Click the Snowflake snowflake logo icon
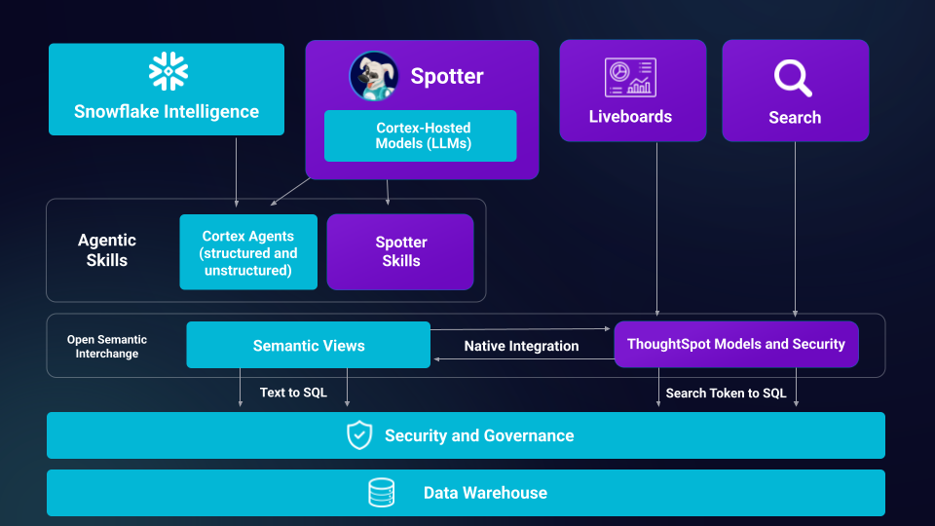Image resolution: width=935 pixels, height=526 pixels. point(168,72)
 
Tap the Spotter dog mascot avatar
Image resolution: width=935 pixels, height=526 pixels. point(374,75)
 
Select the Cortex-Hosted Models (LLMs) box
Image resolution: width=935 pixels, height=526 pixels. point(420,135)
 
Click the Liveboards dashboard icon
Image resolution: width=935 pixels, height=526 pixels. point(630,77)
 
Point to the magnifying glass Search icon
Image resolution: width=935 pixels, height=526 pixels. point(793,78)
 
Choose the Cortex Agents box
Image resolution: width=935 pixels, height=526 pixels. point(248,252)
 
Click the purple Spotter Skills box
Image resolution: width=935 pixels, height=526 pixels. point(400,252)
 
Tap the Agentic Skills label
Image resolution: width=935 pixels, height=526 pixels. point(107,250)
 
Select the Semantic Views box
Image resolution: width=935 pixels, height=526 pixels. point(308,345)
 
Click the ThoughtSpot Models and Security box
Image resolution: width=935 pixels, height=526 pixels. point(735,344)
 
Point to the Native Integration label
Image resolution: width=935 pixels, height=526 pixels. point(521,346)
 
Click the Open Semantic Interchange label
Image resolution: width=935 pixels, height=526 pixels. point(107,347)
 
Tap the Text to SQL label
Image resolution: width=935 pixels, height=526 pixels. point(293,393)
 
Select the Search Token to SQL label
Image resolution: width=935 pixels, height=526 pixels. point(726,394)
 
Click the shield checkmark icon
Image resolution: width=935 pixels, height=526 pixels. point(359,435)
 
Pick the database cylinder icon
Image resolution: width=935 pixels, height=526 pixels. point(381,493)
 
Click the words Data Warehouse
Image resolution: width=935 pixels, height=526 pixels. point(485,493)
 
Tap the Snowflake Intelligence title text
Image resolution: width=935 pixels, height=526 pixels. point(167,111)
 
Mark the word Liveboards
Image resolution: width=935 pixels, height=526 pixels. point(630,117)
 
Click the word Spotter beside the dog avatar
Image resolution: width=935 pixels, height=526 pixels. point(447,76)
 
